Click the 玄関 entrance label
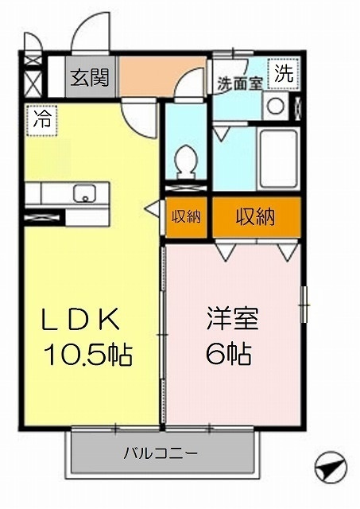(x=90, y=78)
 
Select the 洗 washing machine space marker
(x=284, y=74)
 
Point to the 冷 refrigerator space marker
(x=42, y=119)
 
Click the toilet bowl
(x=186, y=161)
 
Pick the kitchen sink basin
(x=84, y=193)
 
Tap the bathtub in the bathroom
(x=279, y=159)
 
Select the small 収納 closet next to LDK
(x=186, y=217)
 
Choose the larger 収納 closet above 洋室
(x=257, y=217)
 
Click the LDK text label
(x=79, y=320)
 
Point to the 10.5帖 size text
(x=88, y=354)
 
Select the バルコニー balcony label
(x=161, y=453)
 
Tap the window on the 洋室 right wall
(x=304, y=305)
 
